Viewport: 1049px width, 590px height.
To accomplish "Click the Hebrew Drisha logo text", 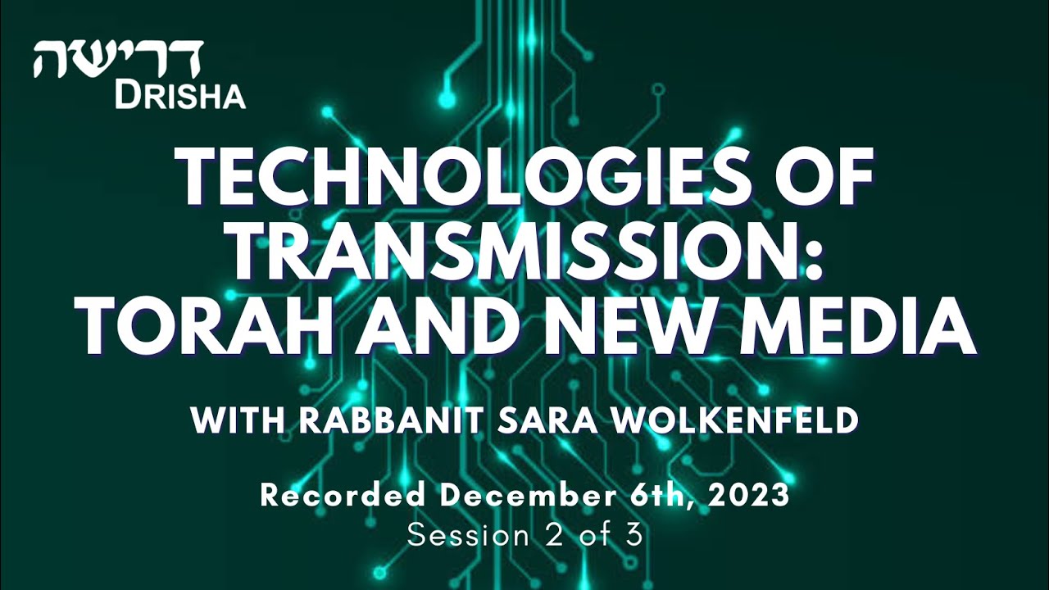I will pyautogui.click(x=118, y=59).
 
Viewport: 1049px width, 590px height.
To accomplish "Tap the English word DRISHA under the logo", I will pyautogui.click(x=180, y=97).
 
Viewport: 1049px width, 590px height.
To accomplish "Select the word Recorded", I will pyautogui.click(x=343, y=495).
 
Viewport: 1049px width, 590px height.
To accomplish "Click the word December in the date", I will pyautogui.click(x=520, y=495).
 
